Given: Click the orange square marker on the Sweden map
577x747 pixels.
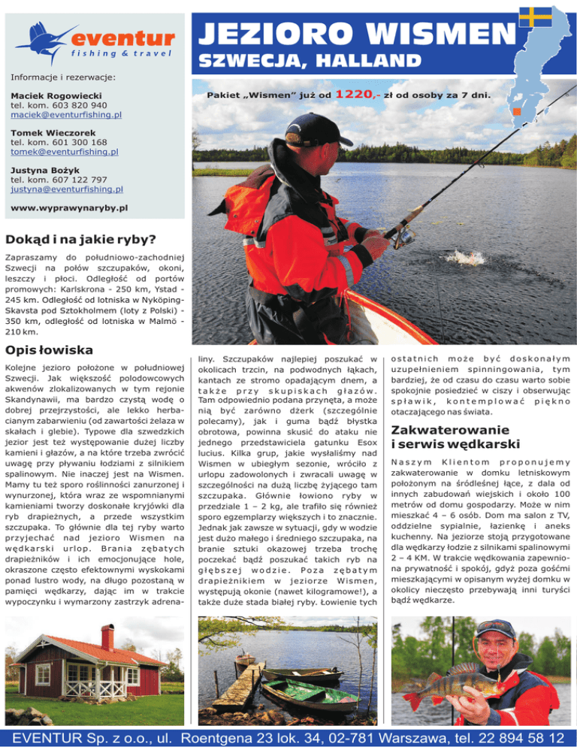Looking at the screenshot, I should pyautogui.click(x=516, y=112).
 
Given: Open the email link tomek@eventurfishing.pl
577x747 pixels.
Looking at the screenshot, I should pyautogui.click(x=64, y=152).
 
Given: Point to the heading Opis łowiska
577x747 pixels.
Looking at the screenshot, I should pyautogui.click(x=49, y=349).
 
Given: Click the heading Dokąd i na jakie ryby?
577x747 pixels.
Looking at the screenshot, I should pyautogui.click(x=80, y=240).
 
